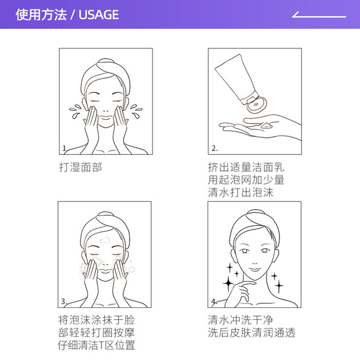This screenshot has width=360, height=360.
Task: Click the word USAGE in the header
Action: [x=99, y=15]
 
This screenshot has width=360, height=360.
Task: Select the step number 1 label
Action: [x=64, y=148]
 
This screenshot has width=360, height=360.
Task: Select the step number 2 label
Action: [x=214, y=148]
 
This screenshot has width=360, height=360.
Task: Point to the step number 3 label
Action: [x=64, y=301]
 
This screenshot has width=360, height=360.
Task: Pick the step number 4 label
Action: [x=214, y=301]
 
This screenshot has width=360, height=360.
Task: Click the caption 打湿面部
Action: [x=81, y=167]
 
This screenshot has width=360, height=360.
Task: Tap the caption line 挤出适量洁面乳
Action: [x=246, y=167]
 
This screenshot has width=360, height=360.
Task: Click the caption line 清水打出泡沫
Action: [x=241, y=193]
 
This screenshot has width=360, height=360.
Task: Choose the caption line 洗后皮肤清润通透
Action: [x=252, y=333]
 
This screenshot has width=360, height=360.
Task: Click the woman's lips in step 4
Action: [x=255, y=270]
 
